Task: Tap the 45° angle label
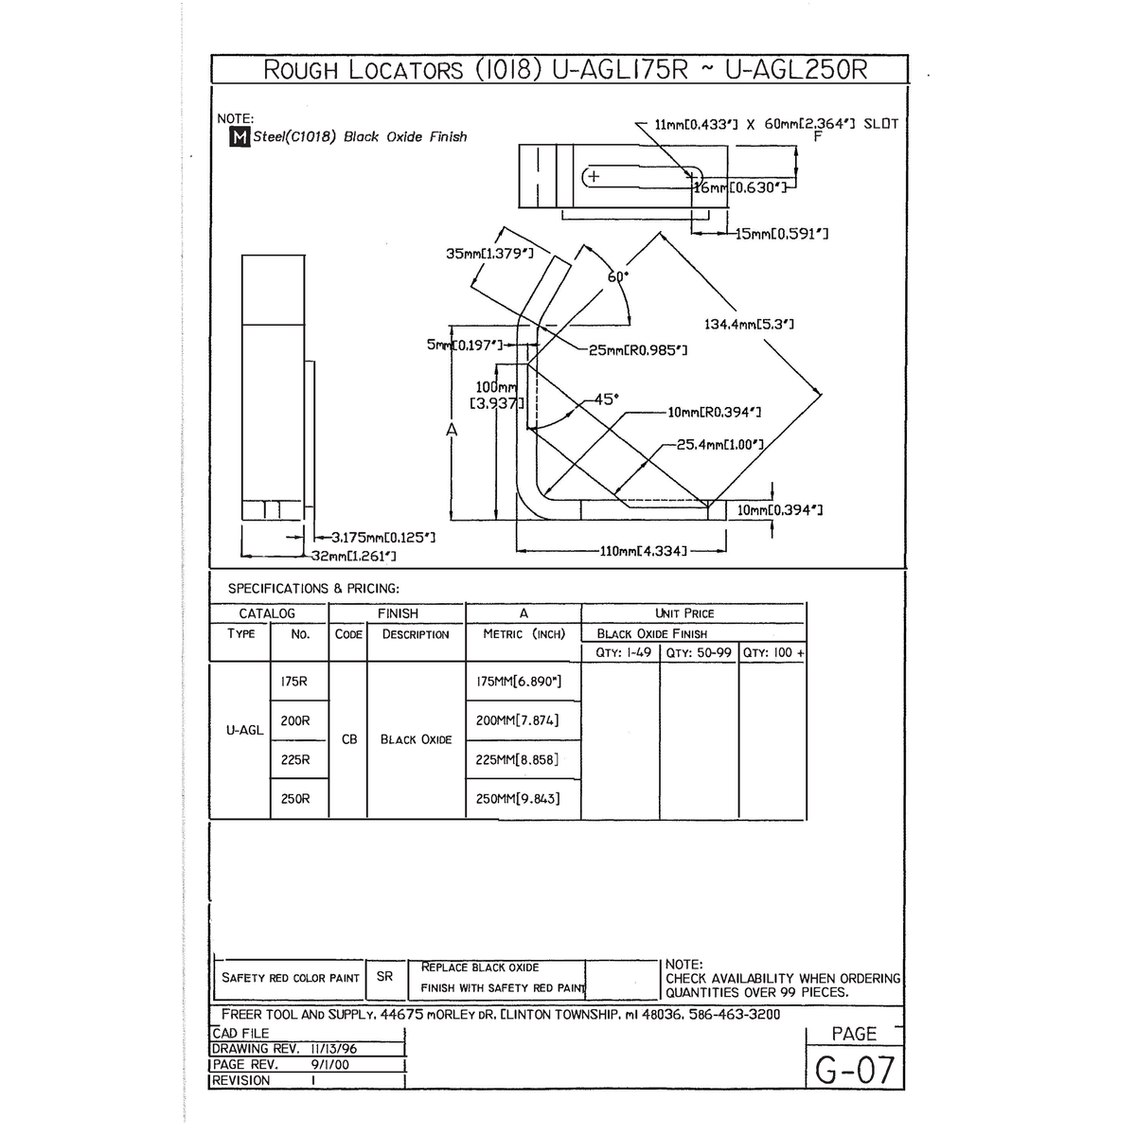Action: pos(607,399)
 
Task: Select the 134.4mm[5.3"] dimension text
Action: pos(749,325)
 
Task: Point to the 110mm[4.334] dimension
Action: pos(644,551)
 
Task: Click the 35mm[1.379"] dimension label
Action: pos(489,254)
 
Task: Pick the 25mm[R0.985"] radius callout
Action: pos(638,350)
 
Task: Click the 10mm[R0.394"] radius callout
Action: pos(715,412)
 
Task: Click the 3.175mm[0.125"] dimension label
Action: pos(382,538)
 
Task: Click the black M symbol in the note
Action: pos(240,137)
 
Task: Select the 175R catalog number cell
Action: pos(294,682)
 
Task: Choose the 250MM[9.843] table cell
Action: pos(518,799)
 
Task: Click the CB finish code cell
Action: pos(349,739)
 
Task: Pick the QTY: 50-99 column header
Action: pos(699,652)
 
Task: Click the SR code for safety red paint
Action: pos(384,976)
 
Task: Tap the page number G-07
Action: pos(855,1071)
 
